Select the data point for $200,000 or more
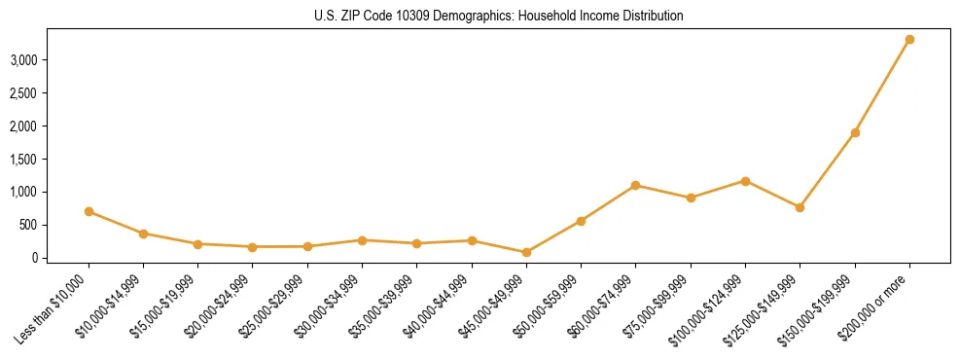[909, 40]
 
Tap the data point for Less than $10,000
[89, 211]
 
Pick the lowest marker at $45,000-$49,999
[526, 252]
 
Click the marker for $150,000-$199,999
[855, 132]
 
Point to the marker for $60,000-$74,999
[636, 185]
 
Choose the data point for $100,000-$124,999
[745, 181]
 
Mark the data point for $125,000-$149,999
[800, 207]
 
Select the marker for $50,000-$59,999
[581, 221]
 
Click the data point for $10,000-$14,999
[143, 234]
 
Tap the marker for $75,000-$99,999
[691, 198]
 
